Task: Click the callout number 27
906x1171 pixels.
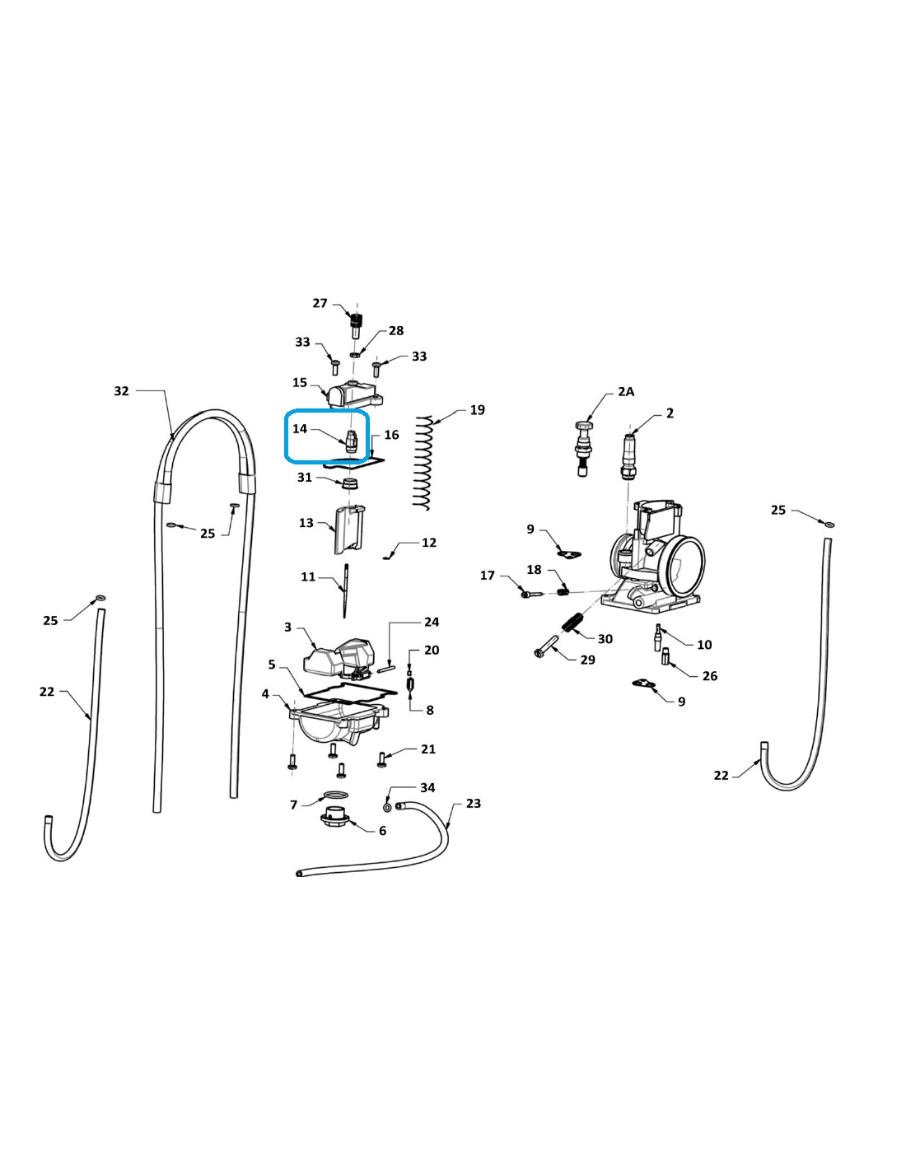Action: pyautogui.click(x=320, y=303)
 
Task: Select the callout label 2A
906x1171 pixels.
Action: pyautogui.click(x=626, y=392)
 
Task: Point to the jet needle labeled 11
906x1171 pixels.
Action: pyautogui.click(x=344, y=590)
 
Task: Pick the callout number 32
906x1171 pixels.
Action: pyautogui.click(x=121, y=391)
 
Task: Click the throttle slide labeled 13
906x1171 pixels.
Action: pyautogui.click(x=348, y=530)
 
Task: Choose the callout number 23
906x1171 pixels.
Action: pyautogui.click(x=474, y=804)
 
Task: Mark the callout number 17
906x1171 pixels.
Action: pyautogui.click(x=488, y=576)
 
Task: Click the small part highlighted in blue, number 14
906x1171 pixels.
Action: pyautogui.click(x=351, y=442)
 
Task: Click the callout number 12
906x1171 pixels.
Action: pyautogui.click(x=429, y=542)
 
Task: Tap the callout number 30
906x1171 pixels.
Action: pyautogui.click(x=605, y=638)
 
